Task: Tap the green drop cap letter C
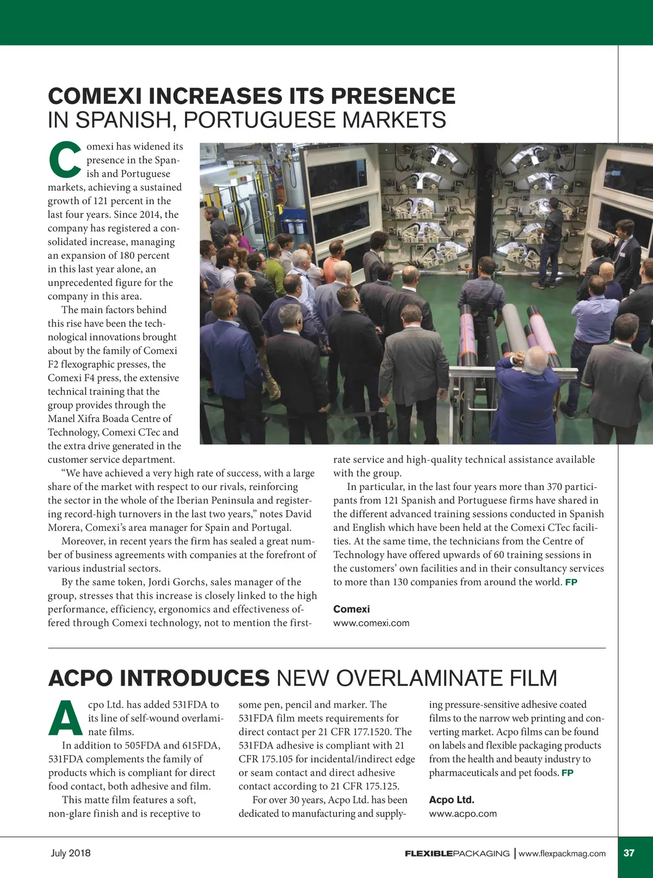65,159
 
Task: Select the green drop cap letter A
65,717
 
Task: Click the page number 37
629,853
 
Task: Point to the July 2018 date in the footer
71,853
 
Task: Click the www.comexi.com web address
371,623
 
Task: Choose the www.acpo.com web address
463,813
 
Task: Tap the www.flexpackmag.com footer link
562,854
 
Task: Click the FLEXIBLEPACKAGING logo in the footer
457,854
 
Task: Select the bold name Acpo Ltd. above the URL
451,800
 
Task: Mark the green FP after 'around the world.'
571,582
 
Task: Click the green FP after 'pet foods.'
567,772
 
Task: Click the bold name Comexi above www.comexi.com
351,609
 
